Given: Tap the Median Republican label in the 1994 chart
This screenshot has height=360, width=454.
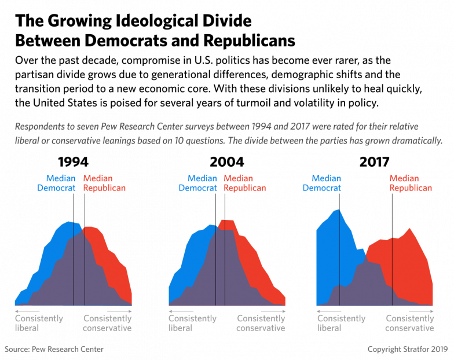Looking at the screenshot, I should pyautogui.click(x=105, y=183).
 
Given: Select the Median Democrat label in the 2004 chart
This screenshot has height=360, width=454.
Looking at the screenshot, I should pyautogui.click(x=197, y=183).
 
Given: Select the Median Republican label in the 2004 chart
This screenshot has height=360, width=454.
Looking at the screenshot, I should pyautogui.click(x=245, y=183).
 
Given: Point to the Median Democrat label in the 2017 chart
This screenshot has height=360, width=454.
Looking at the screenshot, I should pyautogui.click(x=321, y=183).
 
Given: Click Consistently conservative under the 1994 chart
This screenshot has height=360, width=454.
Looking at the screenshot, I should pyautogui.click(x=108, y=323).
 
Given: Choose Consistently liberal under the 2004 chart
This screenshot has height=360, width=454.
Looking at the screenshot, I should pyautogui.click(x=192, y=323).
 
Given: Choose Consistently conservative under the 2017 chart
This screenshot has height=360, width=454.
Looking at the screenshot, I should pyautogui.click(x=410, y=323).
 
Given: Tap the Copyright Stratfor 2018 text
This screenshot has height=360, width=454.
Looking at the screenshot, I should pyautogui.click(x=408, y=350).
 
